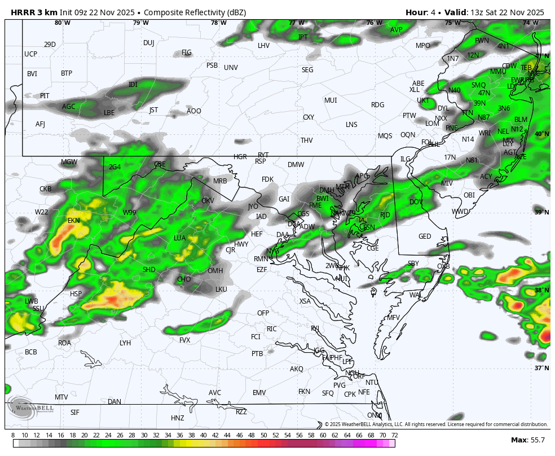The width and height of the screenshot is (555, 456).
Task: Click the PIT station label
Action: [x=45, y=96]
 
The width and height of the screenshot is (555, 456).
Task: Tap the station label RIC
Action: [x=272, y=329]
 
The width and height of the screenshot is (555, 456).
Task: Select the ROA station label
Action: [x=65, y=343]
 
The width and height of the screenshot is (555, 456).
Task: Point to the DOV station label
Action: [x=416, y=202]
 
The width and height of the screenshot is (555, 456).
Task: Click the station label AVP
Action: [x=397, y=30]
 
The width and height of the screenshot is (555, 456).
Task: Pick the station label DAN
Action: [x=114, y=402]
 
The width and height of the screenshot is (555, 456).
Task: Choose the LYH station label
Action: [x=125, y=343]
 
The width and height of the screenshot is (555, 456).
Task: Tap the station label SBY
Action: [x=413, y=264]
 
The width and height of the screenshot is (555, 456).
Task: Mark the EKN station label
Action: [x=74, y=221]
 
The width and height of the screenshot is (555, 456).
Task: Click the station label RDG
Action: [x=377, y=105]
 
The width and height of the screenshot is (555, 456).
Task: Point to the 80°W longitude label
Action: [x=62, y=23]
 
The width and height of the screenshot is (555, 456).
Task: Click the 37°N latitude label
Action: [x=541, y=368]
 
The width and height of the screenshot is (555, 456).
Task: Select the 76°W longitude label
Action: [x=374, y=23]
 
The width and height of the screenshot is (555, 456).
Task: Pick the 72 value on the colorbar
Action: [x=394, y=435]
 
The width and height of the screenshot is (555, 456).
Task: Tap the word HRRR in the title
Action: [x=22, y=12]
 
